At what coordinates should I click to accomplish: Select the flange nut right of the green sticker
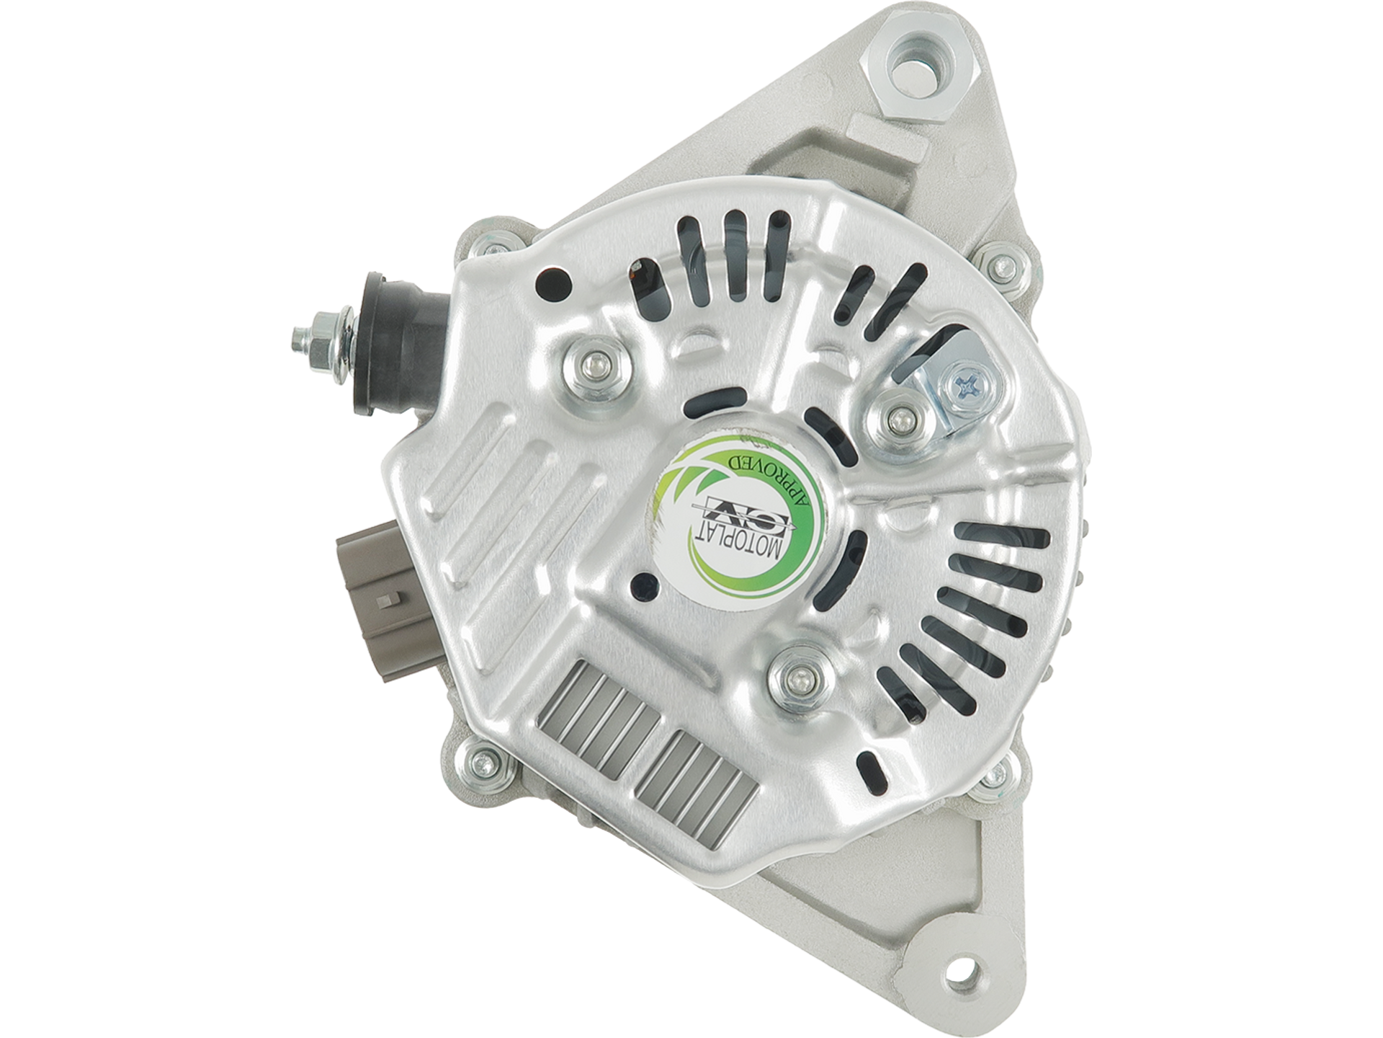899,419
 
